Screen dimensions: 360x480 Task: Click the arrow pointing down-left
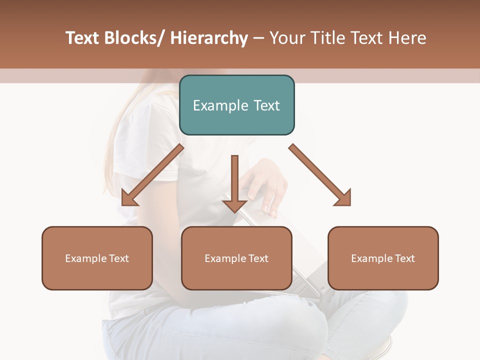pos(152,175)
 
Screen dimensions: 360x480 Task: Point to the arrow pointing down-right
pos(320,175)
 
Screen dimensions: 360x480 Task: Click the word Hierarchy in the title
pos(209,38)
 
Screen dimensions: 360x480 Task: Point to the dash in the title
pos(258,38)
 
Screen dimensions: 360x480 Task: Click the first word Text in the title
pos(83,38)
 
